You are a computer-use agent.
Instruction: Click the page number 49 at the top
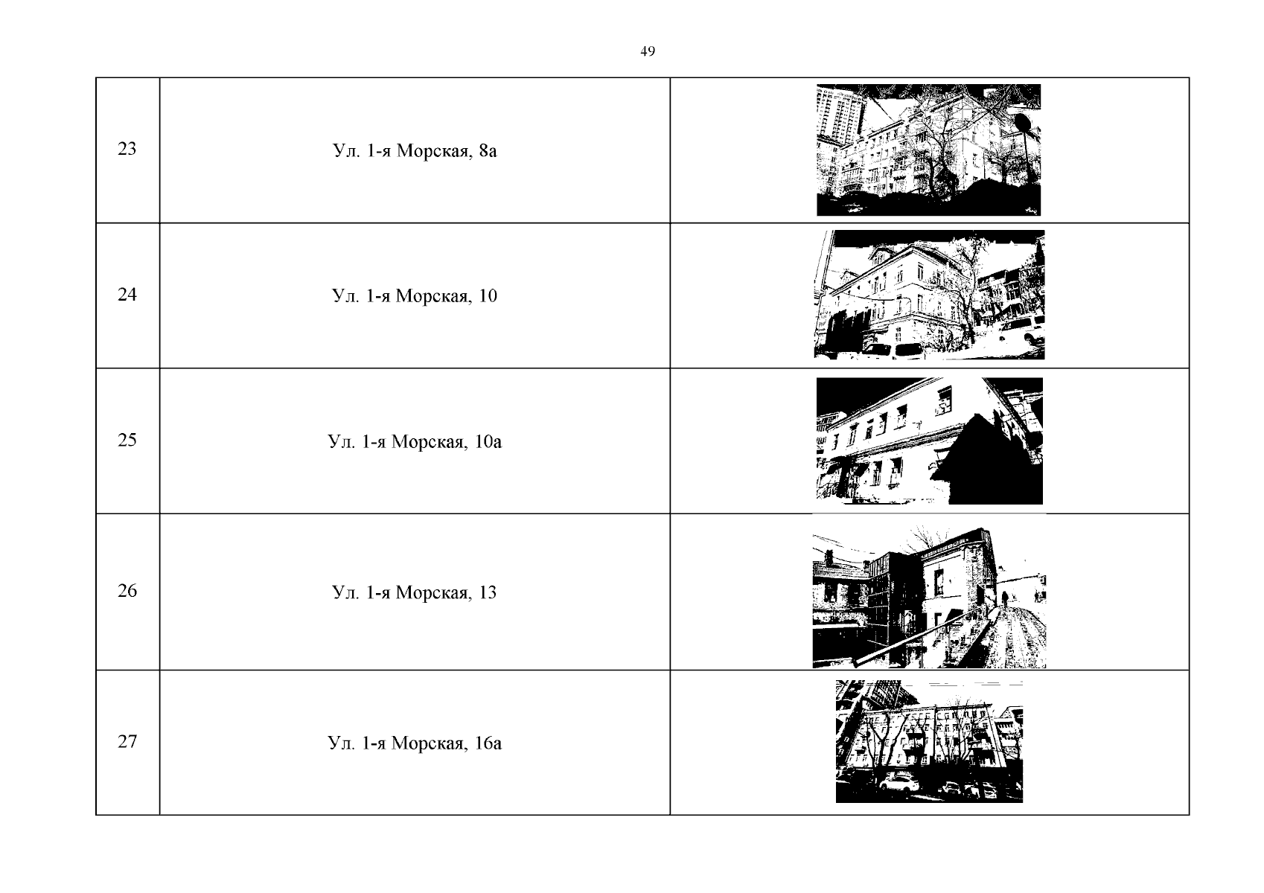point(647,51)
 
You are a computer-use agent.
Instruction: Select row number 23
point(127,148)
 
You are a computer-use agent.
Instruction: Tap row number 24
point(127,294)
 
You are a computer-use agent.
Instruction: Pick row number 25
point(127,440)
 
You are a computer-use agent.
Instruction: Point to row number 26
point(127,591)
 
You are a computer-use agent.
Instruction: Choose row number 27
point(127,741)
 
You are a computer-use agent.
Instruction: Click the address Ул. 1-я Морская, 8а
point(415,150)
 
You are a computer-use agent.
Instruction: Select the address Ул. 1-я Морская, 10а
point(415,441)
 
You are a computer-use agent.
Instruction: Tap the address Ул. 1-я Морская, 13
point(415,592)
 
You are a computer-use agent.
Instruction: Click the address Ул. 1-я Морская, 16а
point(415,743)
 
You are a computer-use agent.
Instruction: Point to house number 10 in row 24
point(488,295)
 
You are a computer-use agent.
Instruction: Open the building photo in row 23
point(928,150)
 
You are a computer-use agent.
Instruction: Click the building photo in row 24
point(929,295)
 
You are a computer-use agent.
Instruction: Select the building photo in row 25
point(929,441)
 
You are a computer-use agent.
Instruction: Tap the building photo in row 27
point(929,741)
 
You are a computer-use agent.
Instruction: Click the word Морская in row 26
point(433,592)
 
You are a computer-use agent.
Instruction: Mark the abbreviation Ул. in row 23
point(346,150)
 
